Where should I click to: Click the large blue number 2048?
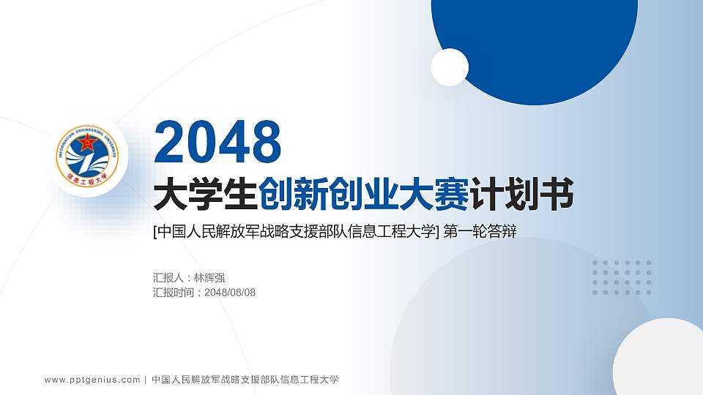click(217, 143)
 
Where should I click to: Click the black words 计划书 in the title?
click(523, 195)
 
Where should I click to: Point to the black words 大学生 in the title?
click(205, 195)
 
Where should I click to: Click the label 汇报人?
click(168, 278)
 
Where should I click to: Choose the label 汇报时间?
click(174, 293)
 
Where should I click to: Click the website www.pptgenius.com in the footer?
click(92, 380)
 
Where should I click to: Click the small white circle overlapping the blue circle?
click(450, 67)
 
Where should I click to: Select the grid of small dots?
click(622, 277)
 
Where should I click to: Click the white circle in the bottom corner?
click(659, 358)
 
